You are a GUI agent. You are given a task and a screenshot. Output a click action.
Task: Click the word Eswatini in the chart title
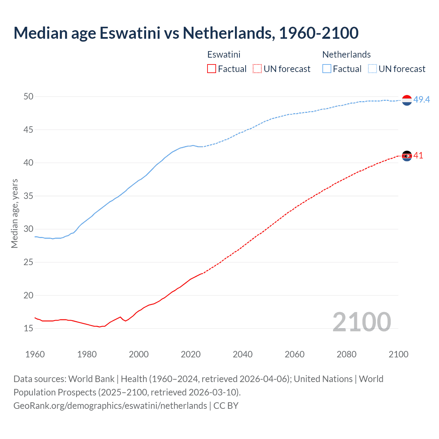point(130,33)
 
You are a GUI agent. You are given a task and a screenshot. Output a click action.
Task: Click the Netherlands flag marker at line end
point(407,100)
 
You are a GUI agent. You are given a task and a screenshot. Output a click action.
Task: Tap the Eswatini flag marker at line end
point(407,156)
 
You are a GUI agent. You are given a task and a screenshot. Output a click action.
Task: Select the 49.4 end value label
point(422,99)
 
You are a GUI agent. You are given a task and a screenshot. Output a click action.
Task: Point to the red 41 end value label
point(418,156)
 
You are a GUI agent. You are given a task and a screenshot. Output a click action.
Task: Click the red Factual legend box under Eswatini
point(212,69)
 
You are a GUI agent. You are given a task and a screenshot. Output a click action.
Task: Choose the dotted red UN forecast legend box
point(257,69)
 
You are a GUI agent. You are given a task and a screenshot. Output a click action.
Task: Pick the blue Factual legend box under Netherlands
point(327,69)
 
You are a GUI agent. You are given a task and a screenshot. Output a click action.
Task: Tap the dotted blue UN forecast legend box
point(372,69)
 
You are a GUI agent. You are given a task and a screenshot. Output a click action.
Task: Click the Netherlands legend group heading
point(346,55)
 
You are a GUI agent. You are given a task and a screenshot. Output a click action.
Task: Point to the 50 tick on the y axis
point(28,97)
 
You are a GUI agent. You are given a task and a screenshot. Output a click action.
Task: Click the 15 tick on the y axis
point(28,329)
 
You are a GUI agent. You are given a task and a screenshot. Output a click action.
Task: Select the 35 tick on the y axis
point(28,196)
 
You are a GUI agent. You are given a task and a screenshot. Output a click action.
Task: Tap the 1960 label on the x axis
point(35,354)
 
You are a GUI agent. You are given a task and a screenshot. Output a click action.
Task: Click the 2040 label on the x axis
point(242,354)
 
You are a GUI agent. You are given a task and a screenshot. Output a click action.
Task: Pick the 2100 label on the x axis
point(399,354)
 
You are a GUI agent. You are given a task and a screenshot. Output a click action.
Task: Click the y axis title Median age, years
point(14,213)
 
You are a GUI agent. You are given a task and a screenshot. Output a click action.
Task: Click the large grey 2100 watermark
point(361,322)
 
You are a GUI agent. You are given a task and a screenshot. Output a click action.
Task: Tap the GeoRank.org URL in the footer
point(110,406)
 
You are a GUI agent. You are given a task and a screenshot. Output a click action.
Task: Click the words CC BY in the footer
point(226,406)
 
